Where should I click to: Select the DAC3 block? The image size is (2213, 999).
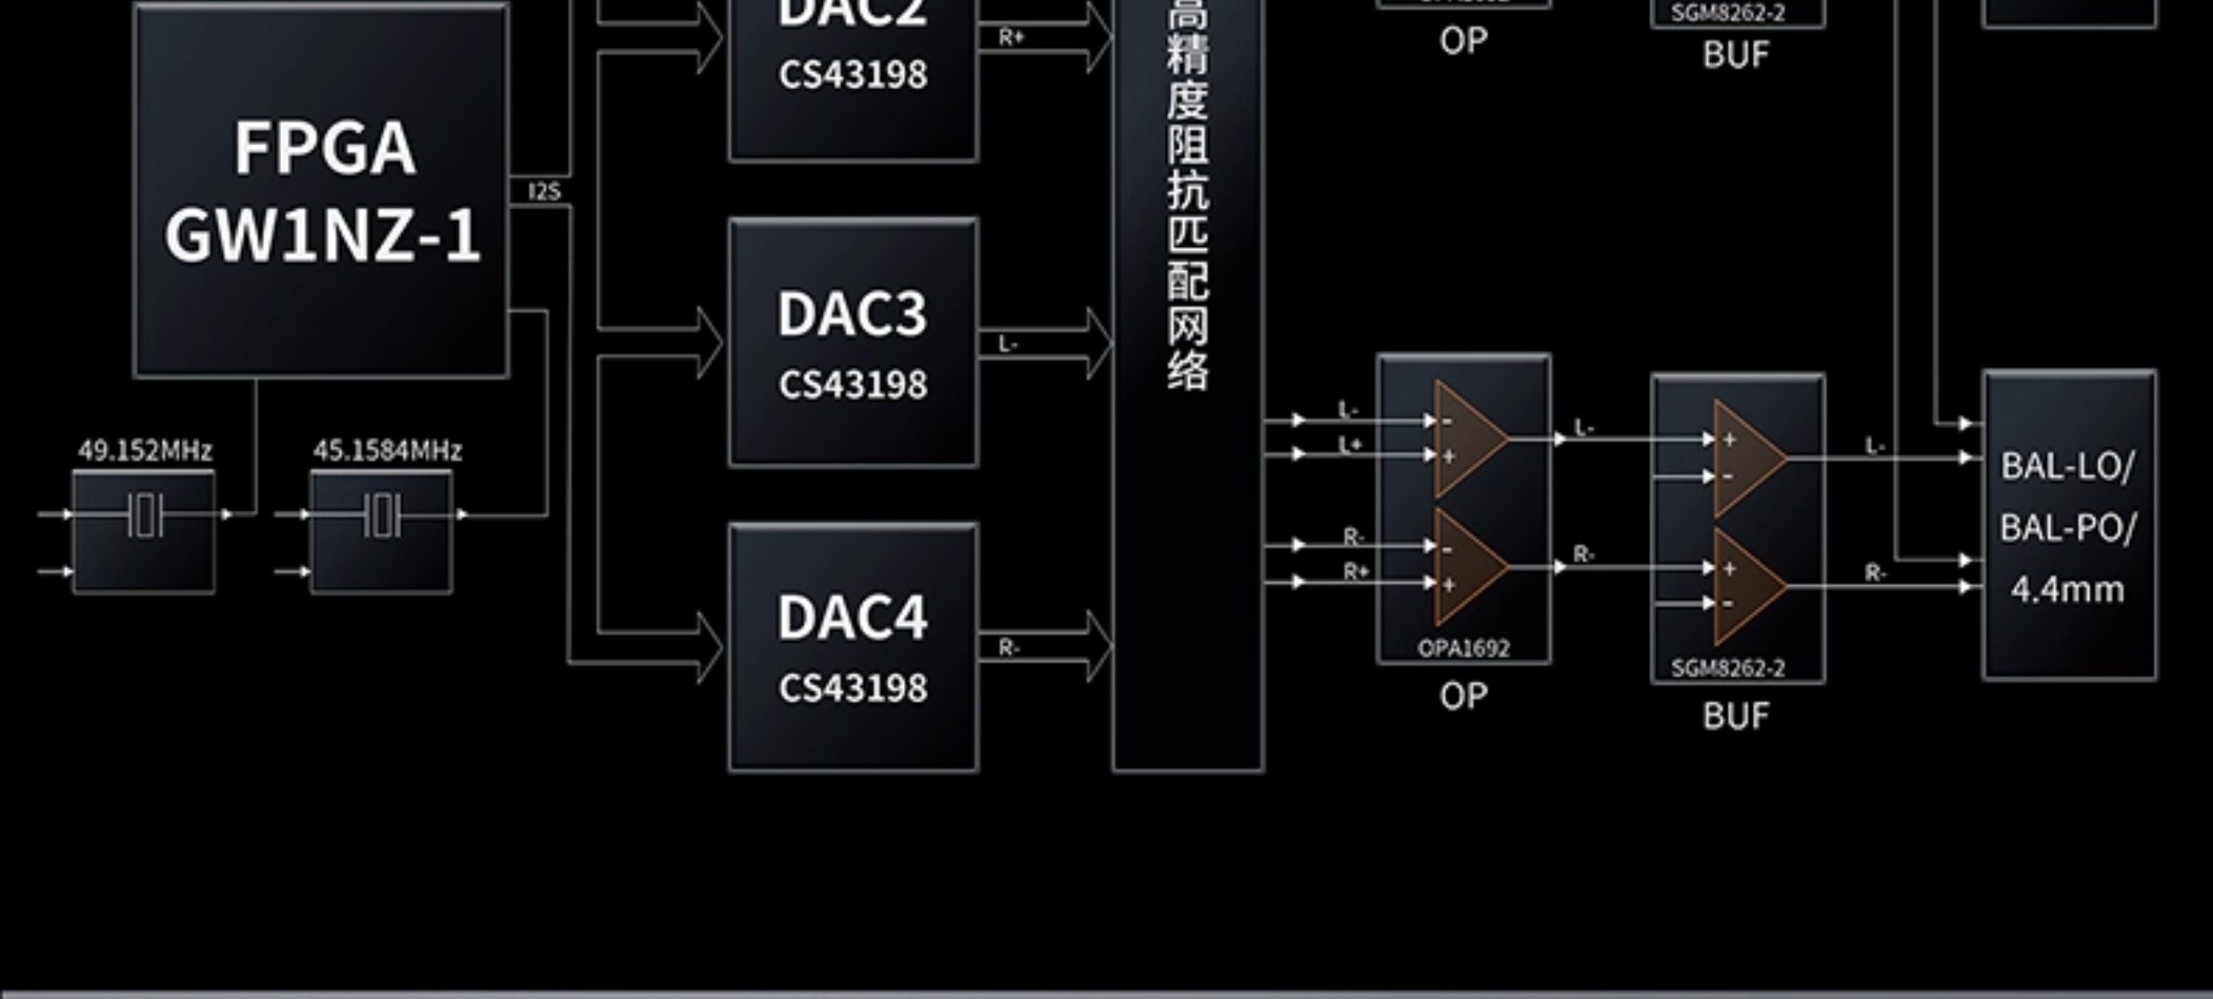pos(853,343)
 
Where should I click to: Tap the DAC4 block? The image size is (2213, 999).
pos(853,648)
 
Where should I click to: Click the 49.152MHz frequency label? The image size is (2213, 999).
pos(145,450)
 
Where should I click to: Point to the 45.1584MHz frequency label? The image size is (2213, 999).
pos(387,450)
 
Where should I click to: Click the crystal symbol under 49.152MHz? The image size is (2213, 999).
pos(144,516)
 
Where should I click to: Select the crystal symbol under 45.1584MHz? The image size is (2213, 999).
pos(382,516)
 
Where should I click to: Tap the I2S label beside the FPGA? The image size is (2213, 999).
pos(544,192)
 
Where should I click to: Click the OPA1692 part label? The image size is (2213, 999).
pos(1463,648)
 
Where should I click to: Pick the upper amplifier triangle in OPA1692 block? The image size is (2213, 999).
pos(1468,439)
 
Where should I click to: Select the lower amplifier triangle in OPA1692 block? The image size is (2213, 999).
pos(1468,566)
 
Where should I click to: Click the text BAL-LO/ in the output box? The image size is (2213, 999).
pos(2068,466)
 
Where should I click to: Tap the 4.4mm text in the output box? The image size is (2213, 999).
pos(2068,590)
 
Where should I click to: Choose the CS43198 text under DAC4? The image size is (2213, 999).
pos(853,688)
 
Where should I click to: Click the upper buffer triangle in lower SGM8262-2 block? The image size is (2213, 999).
pos(1747,458)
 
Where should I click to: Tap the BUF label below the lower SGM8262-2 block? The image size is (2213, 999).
pos(1736,715)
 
